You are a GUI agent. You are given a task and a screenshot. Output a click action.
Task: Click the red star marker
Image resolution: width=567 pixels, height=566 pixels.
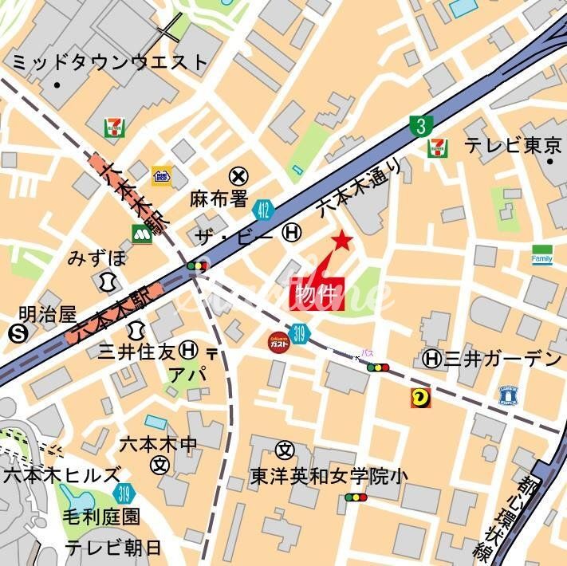coord(342,240)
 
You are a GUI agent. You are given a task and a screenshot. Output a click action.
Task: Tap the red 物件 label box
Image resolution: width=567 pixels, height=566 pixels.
coord(316,293)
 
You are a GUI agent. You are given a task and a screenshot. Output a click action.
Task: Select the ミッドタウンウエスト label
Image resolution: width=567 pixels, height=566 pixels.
coord(110,62)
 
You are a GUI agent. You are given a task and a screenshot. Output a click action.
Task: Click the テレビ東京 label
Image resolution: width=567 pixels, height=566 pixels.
coord(514,146)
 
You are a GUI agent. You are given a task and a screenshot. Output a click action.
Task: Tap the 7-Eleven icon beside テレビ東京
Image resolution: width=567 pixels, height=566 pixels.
coord(437,147)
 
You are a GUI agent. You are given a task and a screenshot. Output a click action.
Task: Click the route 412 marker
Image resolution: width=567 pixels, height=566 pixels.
coord(262,210)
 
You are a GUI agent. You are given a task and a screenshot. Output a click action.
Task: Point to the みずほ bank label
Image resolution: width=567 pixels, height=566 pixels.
coord(96,257)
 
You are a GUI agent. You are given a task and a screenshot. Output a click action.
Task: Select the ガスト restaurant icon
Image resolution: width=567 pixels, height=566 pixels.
coord(278,340)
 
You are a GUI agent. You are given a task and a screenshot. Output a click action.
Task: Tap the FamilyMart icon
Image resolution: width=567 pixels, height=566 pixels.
coord(542,254)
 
